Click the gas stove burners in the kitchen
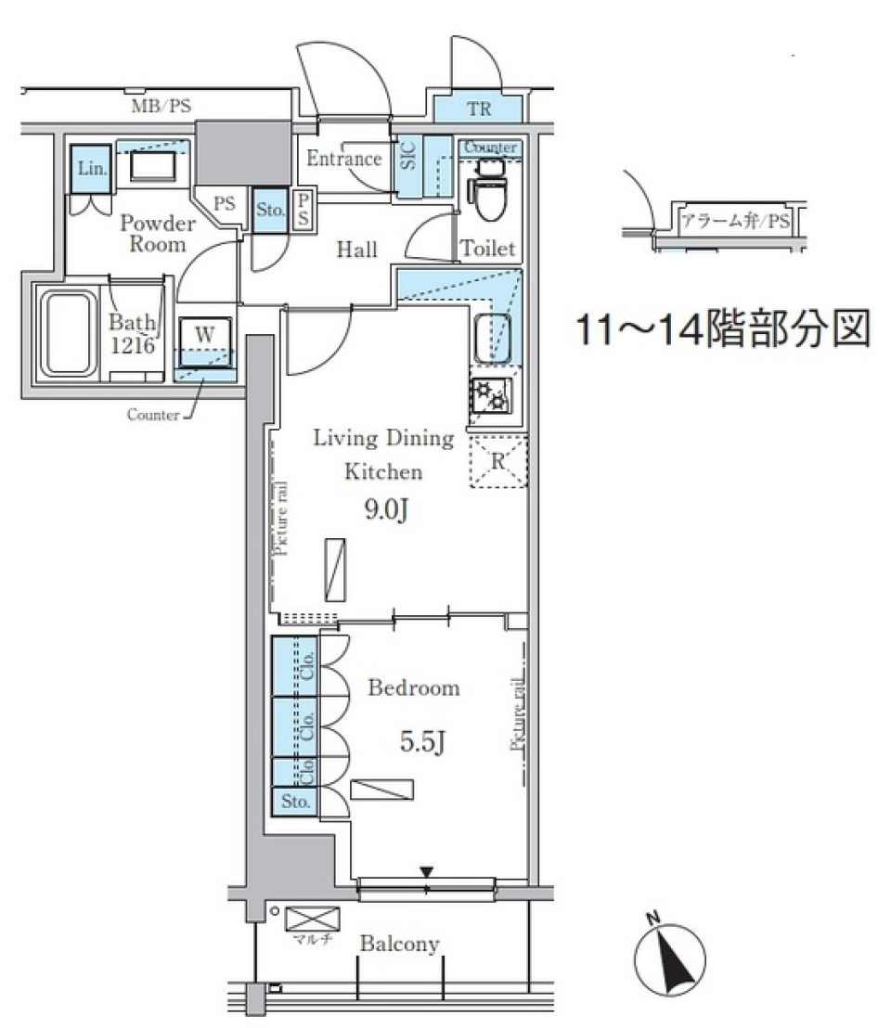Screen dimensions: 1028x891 (x=490, y=398)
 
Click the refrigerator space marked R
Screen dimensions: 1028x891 (x=498, y=459)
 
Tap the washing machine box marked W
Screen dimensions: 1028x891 (x=203, y=333)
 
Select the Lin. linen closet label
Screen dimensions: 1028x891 (x=90, y=168)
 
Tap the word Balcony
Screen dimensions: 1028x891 (x=399, y=944)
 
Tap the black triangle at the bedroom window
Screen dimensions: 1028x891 (x=426, y=871)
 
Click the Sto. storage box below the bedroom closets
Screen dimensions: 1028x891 (x=293, y=801)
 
